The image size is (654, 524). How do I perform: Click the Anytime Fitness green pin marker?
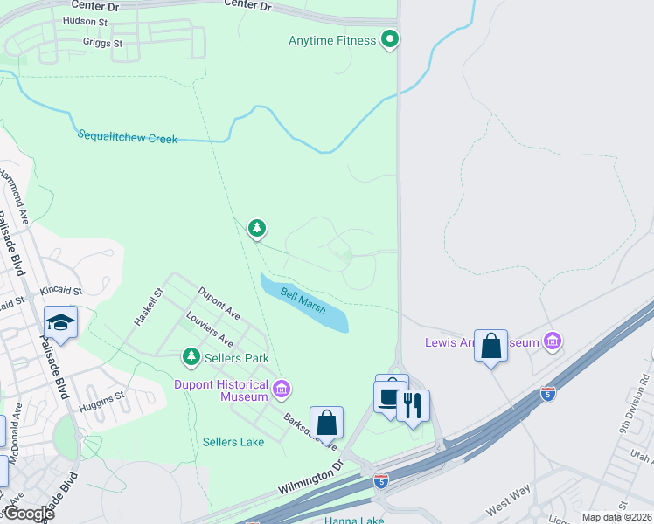(391, 39)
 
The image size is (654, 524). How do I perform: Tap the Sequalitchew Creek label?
(128, 137)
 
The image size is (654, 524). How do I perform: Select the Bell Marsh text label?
(303, 302)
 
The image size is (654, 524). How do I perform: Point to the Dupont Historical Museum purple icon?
(282, 389)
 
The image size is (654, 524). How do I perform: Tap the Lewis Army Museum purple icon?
(552, 341)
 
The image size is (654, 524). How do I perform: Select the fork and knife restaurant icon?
(413, 405)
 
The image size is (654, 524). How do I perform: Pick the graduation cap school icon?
(60, 322)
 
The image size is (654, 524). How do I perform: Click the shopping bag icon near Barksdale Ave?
(326, 423)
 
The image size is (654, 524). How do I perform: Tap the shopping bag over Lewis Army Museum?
(491, 345)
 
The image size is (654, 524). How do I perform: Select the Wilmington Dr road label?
(310, 480)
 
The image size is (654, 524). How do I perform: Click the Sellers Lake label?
(233, 442)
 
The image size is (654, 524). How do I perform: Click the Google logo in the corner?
(28, 514)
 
